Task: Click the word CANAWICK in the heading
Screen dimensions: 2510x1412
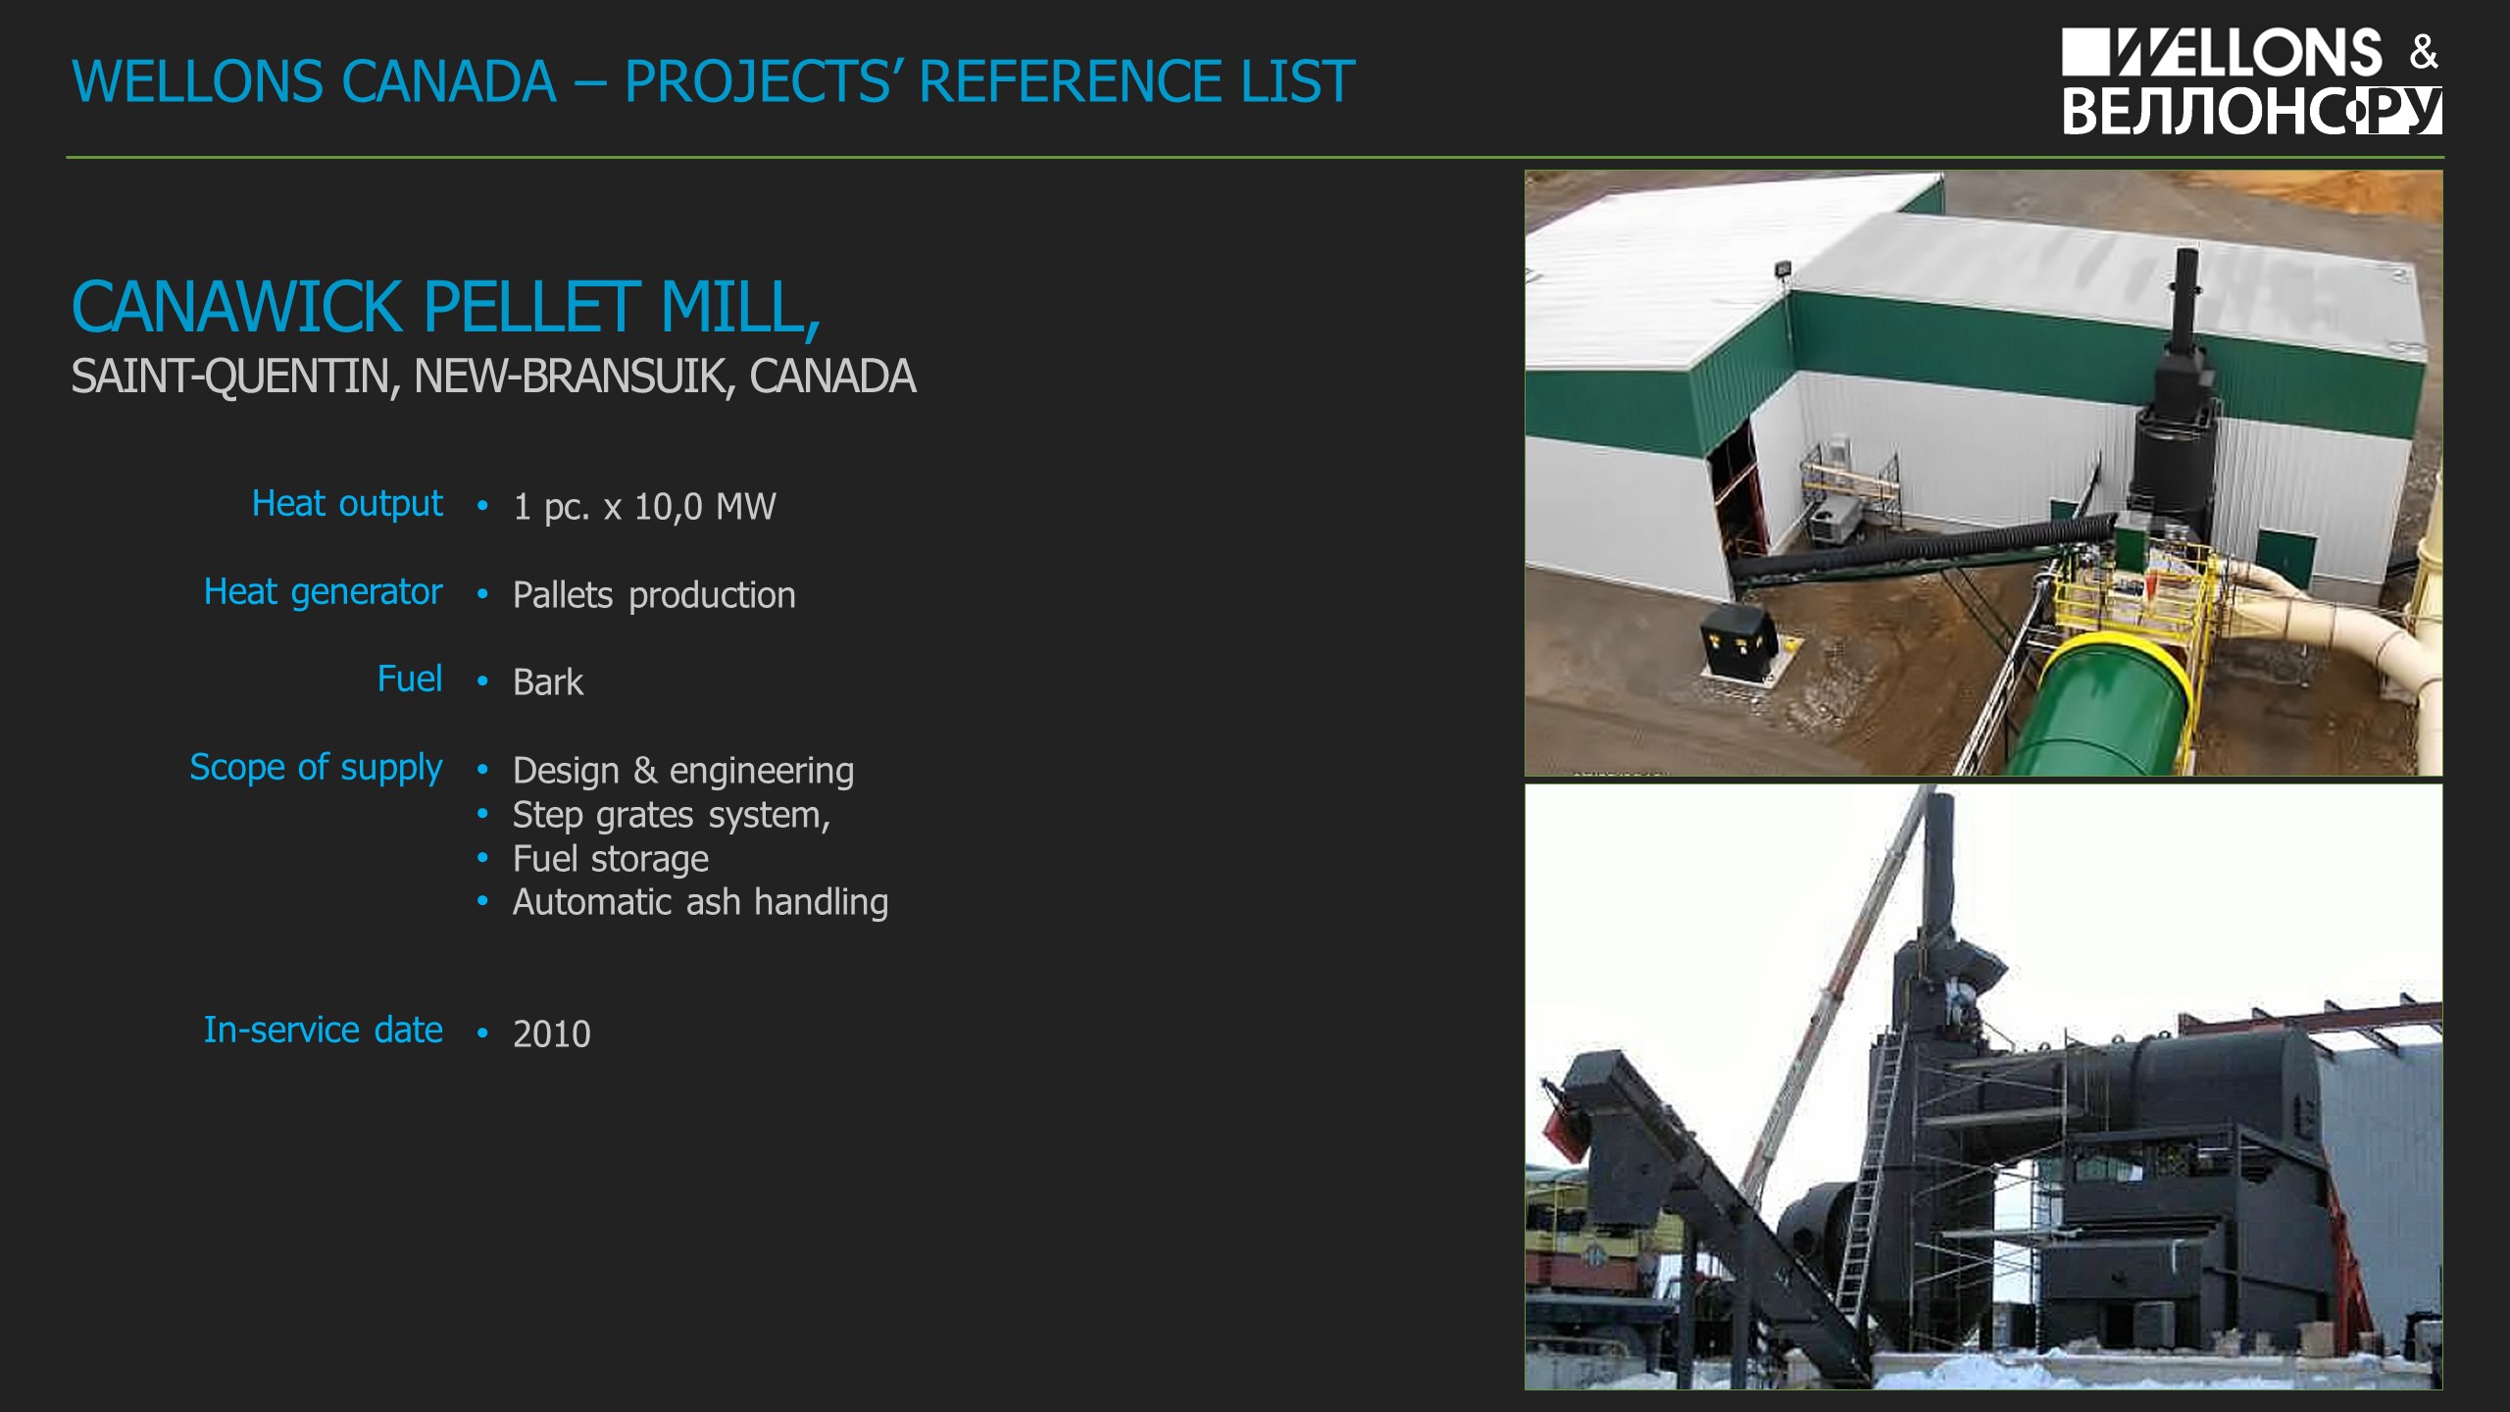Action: (x=236, y=308)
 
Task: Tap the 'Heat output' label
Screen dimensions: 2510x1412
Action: (x=347, y=504)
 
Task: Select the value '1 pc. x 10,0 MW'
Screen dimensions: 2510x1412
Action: (x=644, y=507)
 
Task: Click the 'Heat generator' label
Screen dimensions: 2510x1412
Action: (x=324, y=592)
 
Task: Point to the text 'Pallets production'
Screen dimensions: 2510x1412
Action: (x=654, y=595)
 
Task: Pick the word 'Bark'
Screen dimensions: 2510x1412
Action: (x=548, y=682)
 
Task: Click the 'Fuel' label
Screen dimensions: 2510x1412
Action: (x=410, y=679)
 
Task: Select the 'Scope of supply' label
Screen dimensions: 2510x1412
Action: (x=316, y=768)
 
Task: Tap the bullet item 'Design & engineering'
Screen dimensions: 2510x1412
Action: (x=683, y=771)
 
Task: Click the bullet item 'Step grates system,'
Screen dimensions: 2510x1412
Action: (x=672, y=815)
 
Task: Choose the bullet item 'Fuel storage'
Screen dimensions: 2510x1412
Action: (x=611, y=859)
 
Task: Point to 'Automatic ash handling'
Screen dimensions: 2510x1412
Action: (x=701, y=902)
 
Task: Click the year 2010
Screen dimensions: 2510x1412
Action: (x=552, y=1034)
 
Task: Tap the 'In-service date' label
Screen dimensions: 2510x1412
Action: (x=324, y=1031)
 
